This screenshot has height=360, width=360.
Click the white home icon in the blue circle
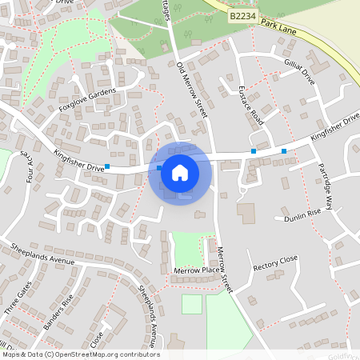(180, 172)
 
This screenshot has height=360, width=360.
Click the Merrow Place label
(196, 271)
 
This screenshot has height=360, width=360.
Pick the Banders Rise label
(58, 310)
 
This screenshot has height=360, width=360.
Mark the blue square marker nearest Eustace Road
(254, 150)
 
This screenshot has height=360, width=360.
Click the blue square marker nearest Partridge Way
(284, 150)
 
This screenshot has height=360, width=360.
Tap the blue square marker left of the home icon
(107, 166)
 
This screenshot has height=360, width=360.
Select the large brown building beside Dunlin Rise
(246, 214)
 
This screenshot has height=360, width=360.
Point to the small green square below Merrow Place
(192, 304)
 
